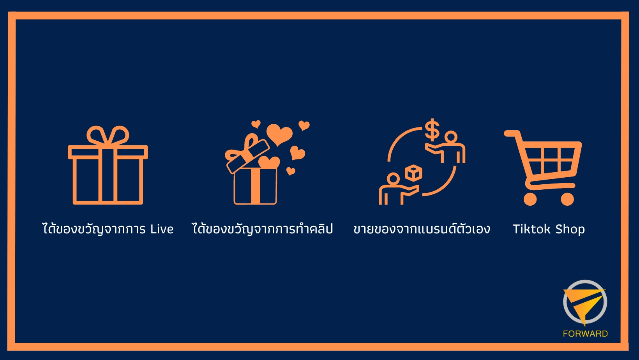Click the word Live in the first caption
click(x=162, y=229)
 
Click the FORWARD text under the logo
click(x=585, y=334)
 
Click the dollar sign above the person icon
click(x=432, y=130)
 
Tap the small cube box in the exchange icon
click(x=413, y=173)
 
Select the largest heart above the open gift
click(x=279, y=134)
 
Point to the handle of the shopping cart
click(x=510, y=134)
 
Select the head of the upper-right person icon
click(x=451, y=137)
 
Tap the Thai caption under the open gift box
click(x=262, y=229)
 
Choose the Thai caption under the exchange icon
click(x=422, y=229)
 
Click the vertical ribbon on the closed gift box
click(x=108, y=175)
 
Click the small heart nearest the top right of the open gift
click(x=304, y=125)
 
